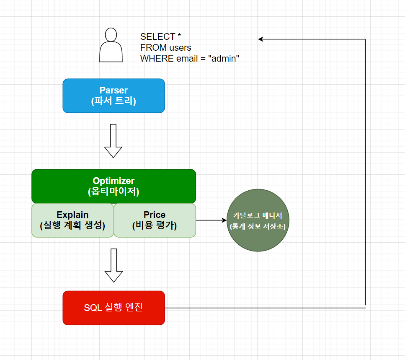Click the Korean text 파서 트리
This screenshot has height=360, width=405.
[114, 101]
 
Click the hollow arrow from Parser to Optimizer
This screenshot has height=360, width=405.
[113, 141]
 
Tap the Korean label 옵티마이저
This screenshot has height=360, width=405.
[114, 192]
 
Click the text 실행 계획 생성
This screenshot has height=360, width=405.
[72, 225]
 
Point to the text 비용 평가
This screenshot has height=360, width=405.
[155, 225]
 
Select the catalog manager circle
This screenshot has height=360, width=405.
[258, 220]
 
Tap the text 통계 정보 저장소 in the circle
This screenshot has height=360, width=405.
[258, 226]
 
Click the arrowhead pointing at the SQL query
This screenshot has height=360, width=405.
[261, 39]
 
